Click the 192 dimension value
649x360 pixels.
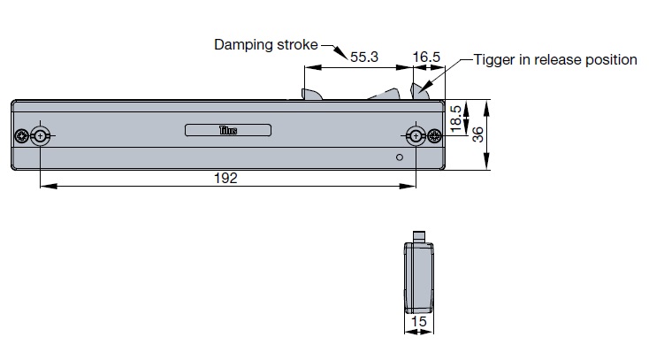tap(226, 178)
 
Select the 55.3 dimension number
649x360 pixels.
tap(364, 57)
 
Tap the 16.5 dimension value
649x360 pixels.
tap(426, 57)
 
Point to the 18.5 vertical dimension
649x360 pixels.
tap(456, 119)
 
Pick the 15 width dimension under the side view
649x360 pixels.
tap(419, 323)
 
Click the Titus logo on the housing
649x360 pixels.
tap(228, 131)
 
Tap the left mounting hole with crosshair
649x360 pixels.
tap(41, 135)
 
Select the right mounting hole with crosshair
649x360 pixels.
tap(416, 135)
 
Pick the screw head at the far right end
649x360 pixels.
tap(434, 135)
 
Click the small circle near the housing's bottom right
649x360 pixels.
tap(400, 157)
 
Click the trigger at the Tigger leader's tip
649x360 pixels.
tap(421, 90)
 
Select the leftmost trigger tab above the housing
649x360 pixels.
tap(310, 94)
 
